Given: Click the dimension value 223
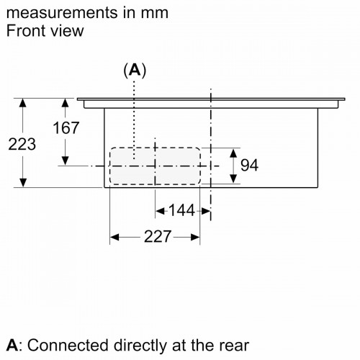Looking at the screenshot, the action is [22, 144].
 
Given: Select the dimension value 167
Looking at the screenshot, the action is [66, 127].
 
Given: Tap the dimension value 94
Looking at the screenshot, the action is [249, 165].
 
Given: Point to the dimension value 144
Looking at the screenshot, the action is [181, 210].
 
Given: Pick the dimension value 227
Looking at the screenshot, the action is [158, 236].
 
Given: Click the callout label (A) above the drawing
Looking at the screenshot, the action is [135, 71].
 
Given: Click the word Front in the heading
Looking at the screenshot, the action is [27, 31].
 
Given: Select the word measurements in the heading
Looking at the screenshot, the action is [63, 13].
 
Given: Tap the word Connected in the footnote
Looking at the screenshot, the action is [68, 346].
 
